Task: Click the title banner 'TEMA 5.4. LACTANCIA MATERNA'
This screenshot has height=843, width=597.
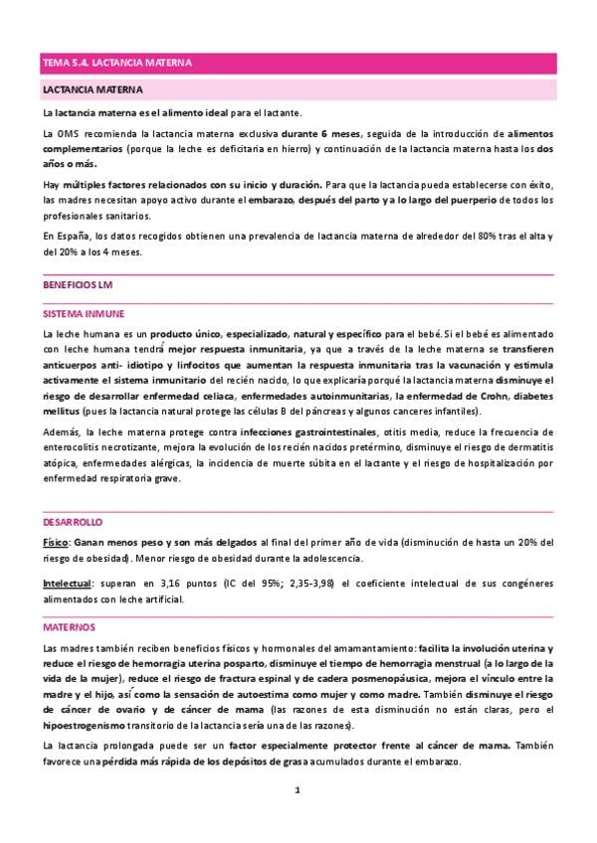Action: click(117, 63)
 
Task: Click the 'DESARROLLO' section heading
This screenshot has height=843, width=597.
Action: click(72, 522)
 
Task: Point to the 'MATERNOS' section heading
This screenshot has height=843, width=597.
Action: click(69, 628)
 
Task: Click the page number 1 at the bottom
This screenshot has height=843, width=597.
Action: click(298, 790)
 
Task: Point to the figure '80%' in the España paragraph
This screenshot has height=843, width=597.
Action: click(458, 237)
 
